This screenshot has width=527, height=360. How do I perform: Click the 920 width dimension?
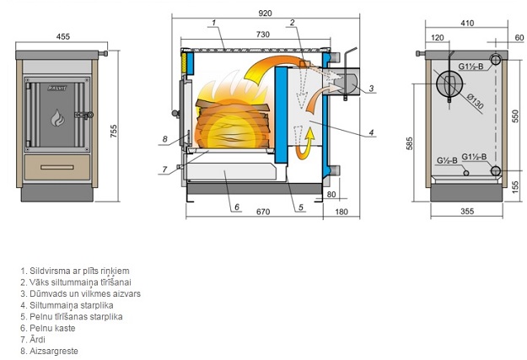(266, 12)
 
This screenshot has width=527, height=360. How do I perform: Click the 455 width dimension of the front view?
(62, 35)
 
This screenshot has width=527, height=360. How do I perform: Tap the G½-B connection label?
(446, 159)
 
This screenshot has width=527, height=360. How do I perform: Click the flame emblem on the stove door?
(57, 116)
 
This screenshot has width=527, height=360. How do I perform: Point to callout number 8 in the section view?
(165, 138)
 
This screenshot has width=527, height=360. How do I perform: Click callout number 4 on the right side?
(371, 132)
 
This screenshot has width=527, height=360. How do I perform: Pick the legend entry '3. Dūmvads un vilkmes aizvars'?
(81, 293)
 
